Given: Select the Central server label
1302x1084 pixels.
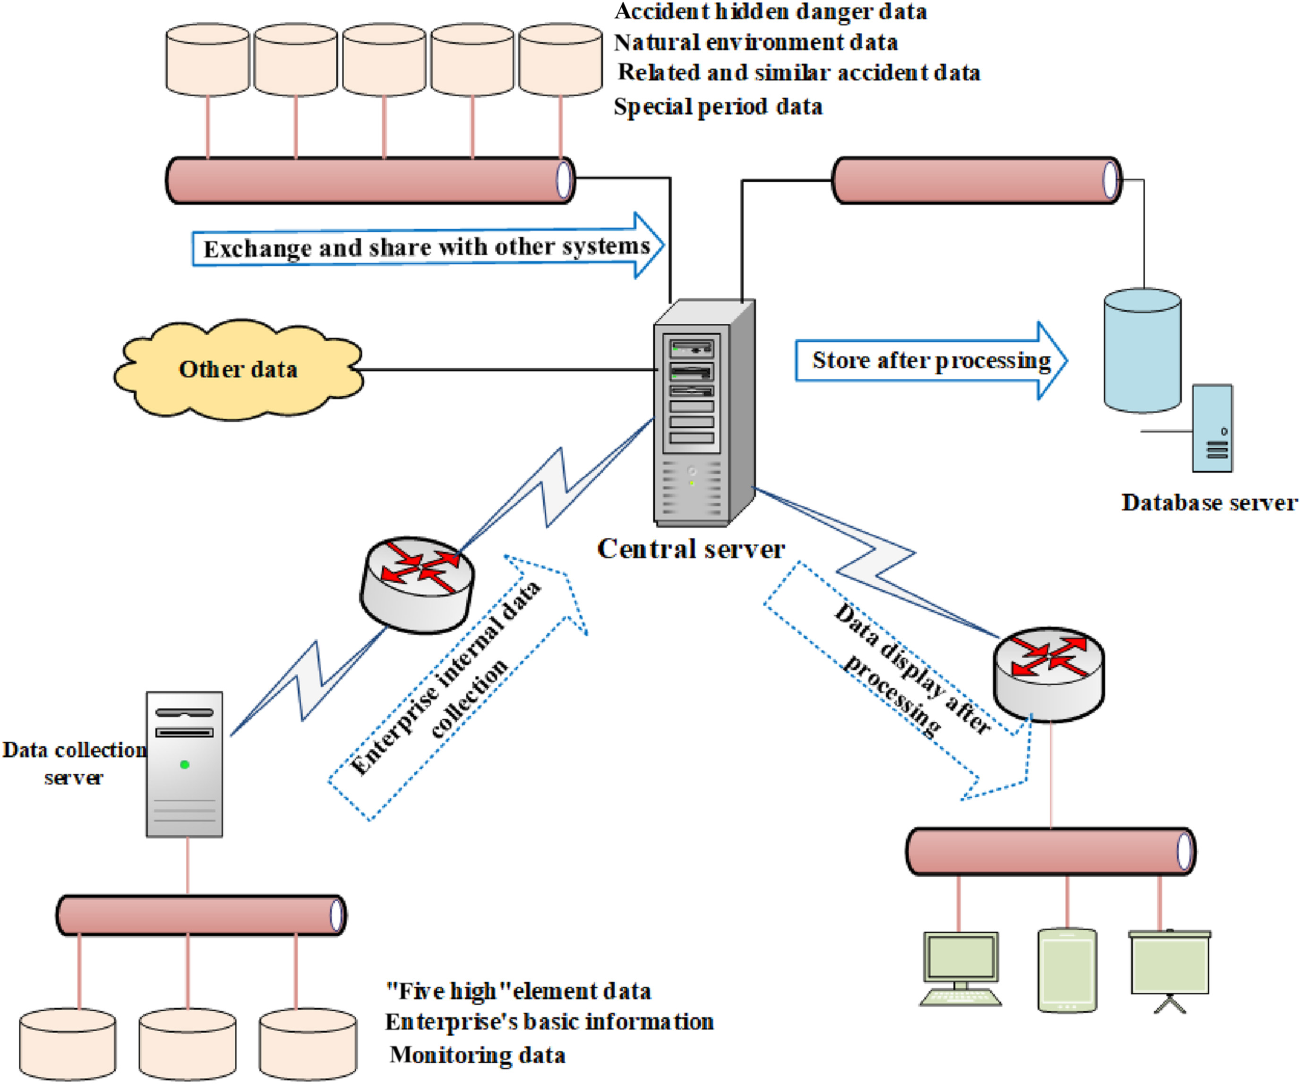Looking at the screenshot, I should click(x=691, y=549).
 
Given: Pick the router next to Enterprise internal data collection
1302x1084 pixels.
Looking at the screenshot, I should click(x=417, y=584).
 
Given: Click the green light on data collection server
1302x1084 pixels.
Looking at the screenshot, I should click(x=184, y=765).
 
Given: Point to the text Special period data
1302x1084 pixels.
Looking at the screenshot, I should click(x=718, y=107).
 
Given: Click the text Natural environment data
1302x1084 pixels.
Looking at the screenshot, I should click(x=755, y=43).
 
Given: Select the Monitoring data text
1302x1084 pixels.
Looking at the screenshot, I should click(x=478, y=1055).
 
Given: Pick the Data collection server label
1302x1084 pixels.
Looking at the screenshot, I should click(x=74, y=763).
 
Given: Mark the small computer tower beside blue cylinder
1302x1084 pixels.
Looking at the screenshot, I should click(x=1212, y=428).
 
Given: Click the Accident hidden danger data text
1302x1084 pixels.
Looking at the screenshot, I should click(x=770, y=12).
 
